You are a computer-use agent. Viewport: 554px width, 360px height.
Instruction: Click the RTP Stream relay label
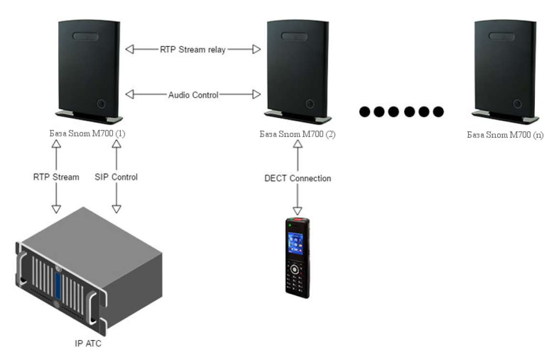point(192,49)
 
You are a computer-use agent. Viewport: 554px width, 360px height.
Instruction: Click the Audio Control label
point(193,95)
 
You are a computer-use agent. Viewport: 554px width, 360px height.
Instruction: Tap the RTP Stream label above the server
point(56,177)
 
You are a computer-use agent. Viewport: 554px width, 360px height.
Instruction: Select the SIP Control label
point(116,177)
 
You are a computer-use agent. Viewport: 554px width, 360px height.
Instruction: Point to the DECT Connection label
point(298,178)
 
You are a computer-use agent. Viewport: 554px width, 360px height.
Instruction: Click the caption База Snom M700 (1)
point(87,134)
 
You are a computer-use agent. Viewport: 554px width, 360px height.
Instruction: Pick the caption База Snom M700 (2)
point(297,134)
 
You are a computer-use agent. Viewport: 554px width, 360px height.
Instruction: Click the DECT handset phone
point(298,258)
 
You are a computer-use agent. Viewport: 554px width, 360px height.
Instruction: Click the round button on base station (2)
point(310,104)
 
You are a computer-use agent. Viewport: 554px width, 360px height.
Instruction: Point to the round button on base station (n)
point(517,104)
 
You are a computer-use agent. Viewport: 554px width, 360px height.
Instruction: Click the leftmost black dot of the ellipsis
point(365,112)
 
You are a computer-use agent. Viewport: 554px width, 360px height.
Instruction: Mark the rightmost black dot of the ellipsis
point(438,112)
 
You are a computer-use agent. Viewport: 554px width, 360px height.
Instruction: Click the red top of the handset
point(298,221)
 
